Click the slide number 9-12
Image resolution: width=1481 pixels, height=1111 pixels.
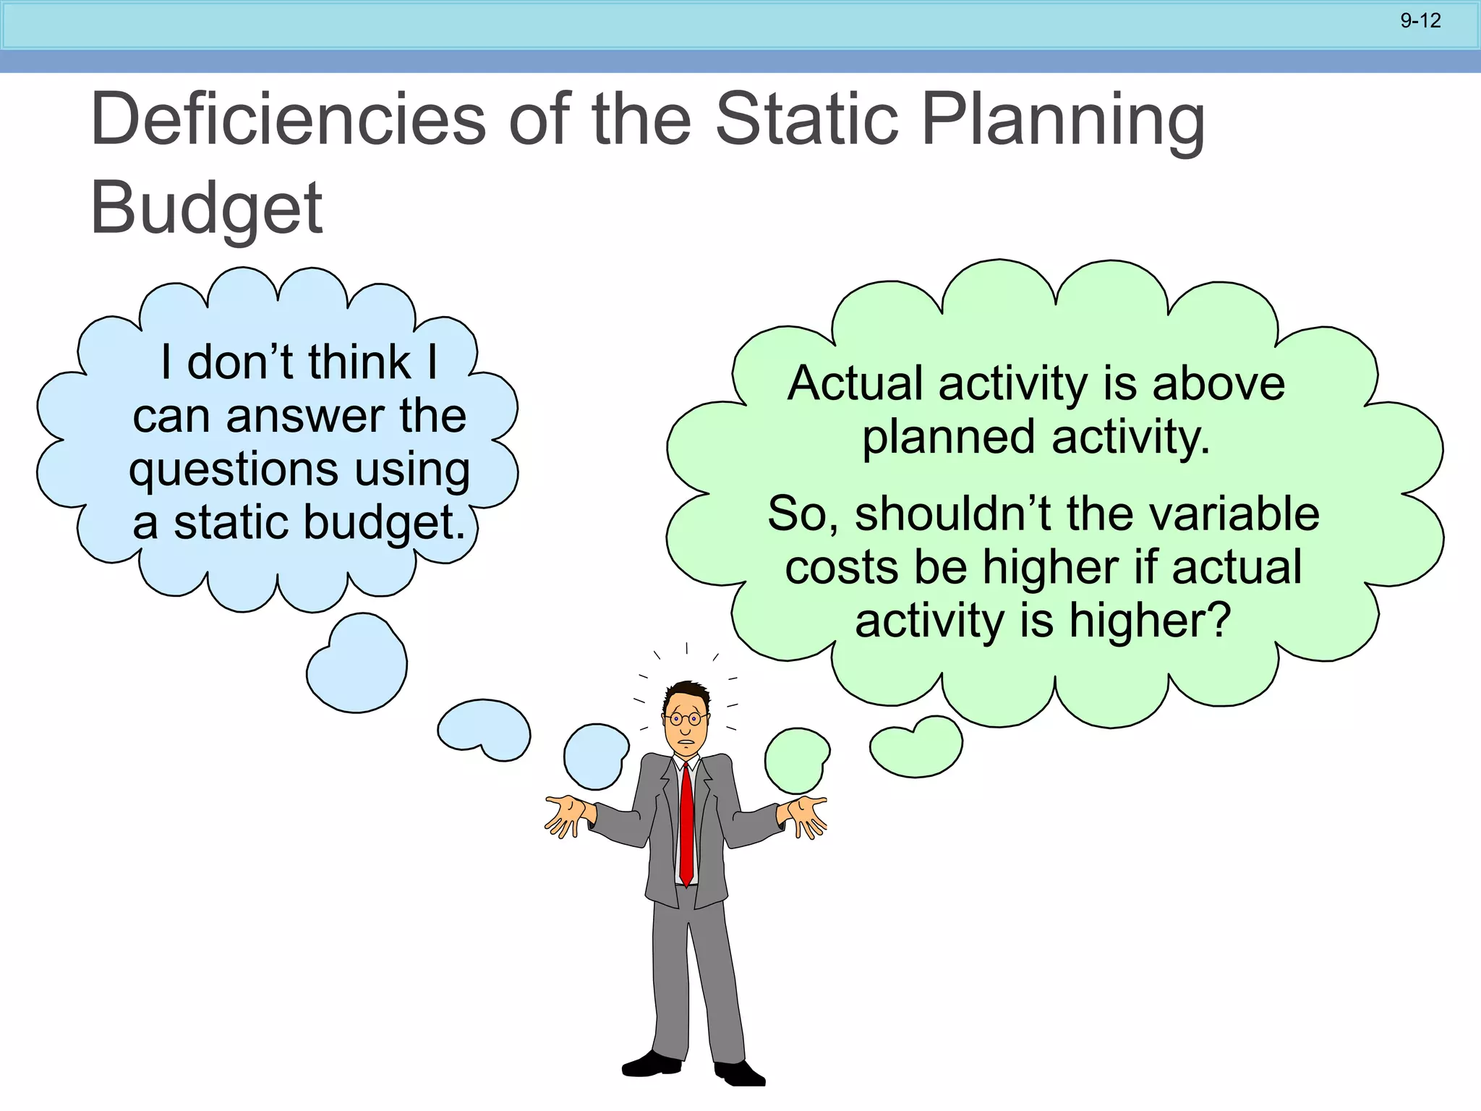[1420, 21]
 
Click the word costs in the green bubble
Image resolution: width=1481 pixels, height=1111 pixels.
[840, 567]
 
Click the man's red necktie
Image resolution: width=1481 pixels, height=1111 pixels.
[686, 825]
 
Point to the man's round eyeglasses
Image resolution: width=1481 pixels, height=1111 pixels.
[685, 719]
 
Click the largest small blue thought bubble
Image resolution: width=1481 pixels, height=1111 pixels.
[357, 664]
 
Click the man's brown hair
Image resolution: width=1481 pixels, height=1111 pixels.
[687, 694]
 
